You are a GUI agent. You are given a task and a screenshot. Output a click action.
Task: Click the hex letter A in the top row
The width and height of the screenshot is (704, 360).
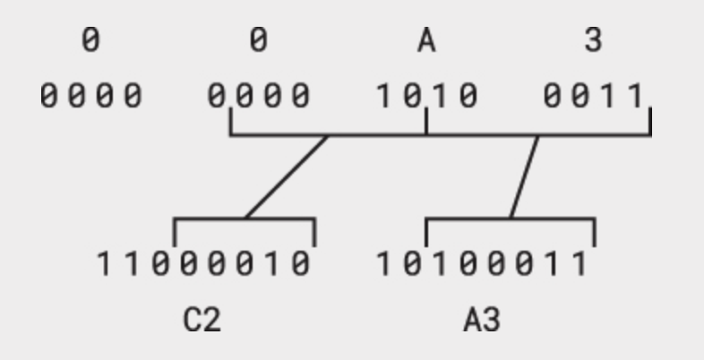click(426, 41)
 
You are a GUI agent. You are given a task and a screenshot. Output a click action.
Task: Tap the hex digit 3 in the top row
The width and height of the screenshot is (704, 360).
click(593, 41)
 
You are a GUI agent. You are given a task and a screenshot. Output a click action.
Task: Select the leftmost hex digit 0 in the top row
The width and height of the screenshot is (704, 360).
click(90, 41)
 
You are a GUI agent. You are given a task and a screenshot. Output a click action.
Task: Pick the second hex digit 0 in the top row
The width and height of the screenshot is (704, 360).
click(258, 41)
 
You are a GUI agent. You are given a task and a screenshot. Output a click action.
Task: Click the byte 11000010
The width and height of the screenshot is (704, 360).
click(205, 264)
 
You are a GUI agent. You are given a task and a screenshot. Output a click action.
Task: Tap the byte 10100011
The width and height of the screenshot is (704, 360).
click(485, 264)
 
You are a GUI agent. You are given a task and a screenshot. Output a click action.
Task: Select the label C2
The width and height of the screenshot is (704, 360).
click(202, 320)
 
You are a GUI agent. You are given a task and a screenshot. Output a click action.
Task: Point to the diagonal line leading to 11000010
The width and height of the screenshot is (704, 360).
click(287, 176)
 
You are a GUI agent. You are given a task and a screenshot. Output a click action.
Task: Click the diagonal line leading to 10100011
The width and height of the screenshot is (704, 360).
click(524, 176)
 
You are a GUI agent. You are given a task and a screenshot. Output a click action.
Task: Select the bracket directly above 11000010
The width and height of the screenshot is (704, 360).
click(244, 219)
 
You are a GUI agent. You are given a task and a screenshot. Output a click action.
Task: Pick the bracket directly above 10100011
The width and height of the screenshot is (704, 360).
click(510, 219)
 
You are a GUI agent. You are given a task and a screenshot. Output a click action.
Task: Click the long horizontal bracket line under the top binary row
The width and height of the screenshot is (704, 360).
click(376, 136)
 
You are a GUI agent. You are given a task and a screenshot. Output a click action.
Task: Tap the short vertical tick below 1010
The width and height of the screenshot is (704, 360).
click(426, 122)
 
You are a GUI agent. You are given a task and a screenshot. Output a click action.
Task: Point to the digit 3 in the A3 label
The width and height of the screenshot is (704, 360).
click(492, 320)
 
